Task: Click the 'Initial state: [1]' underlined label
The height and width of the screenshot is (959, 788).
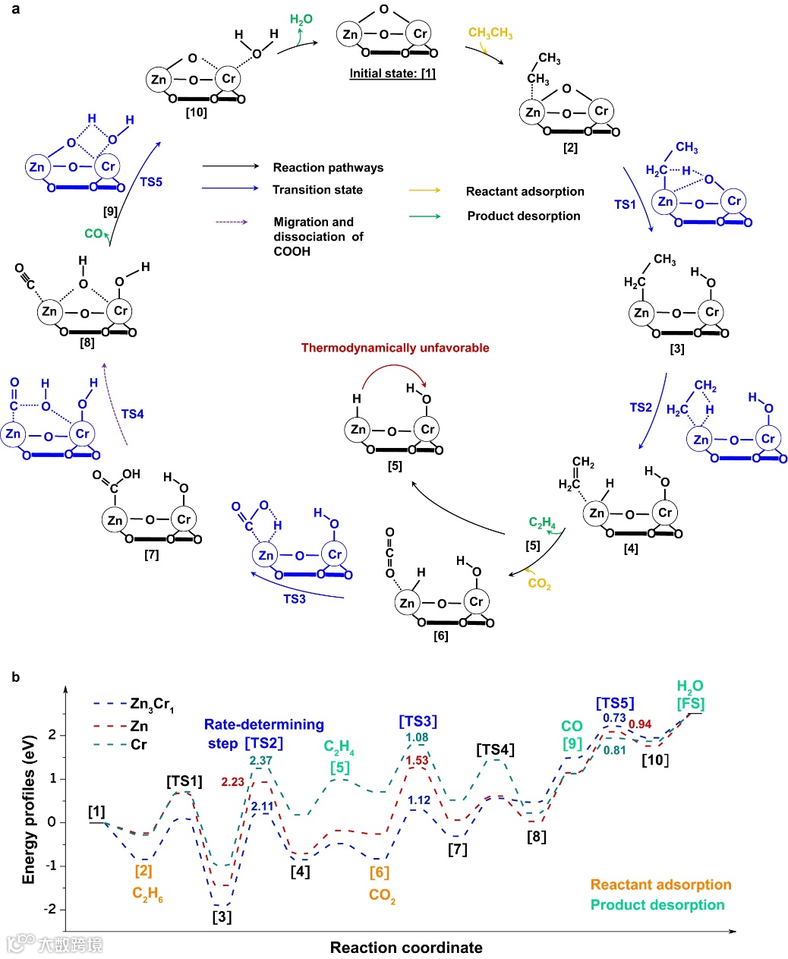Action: click(392, 74)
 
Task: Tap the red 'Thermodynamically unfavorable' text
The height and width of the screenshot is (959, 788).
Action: click(395, 348)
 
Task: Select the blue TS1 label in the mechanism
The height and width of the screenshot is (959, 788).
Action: click(625, 204)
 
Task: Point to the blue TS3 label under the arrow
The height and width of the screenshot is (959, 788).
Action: click(295, 599)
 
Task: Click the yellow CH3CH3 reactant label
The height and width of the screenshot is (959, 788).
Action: click(490, 33)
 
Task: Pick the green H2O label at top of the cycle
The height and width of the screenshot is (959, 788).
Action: click(301, 20)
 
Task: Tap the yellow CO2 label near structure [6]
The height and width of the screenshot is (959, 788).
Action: click(539, 583)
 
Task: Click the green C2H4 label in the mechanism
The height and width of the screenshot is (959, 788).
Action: click(542, 523)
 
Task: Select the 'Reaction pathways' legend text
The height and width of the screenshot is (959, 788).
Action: click(328, 167)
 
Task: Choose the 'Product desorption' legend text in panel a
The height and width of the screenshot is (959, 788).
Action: click(523, 216)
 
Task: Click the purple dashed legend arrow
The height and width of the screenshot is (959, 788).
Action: click(232, 222)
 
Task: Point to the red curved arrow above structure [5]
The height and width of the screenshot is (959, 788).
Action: click(394, 371)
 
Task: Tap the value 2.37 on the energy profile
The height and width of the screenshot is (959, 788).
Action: click(260, 761)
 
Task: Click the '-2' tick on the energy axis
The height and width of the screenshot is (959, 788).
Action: click(52, 910)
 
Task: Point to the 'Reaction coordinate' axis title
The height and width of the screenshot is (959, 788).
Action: click(406, 947)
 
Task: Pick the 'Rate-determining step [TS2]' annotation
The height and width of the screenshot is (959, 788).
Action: click(263, 733)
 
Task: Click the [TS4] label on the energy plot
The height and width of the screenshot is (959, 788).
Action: click(495, 749)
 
